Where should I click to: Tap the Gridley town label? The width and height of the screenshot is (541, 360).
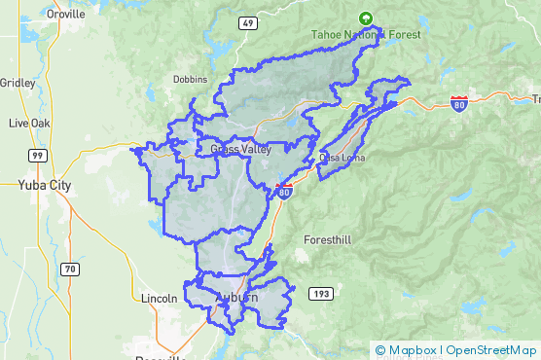coord(17,83)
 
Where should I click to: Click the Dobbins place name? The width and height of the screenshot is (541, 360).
coord(191,79)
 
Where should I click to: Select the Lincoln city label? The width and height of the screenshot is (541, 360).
coord(159,298)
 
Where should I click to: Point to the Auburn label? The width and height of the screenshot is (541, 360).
coord(237,298)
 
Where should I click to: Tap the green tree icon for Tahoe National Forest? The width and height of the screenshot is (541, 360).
coord(366,18)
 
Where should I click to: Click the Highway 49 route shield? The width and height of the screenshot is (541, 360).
coord(248,21)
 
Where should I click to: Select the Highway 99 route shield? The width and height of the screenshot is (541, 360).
coord(37,156)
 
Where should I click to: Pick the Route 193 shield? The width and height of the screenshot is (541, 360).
coord(321,293)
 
